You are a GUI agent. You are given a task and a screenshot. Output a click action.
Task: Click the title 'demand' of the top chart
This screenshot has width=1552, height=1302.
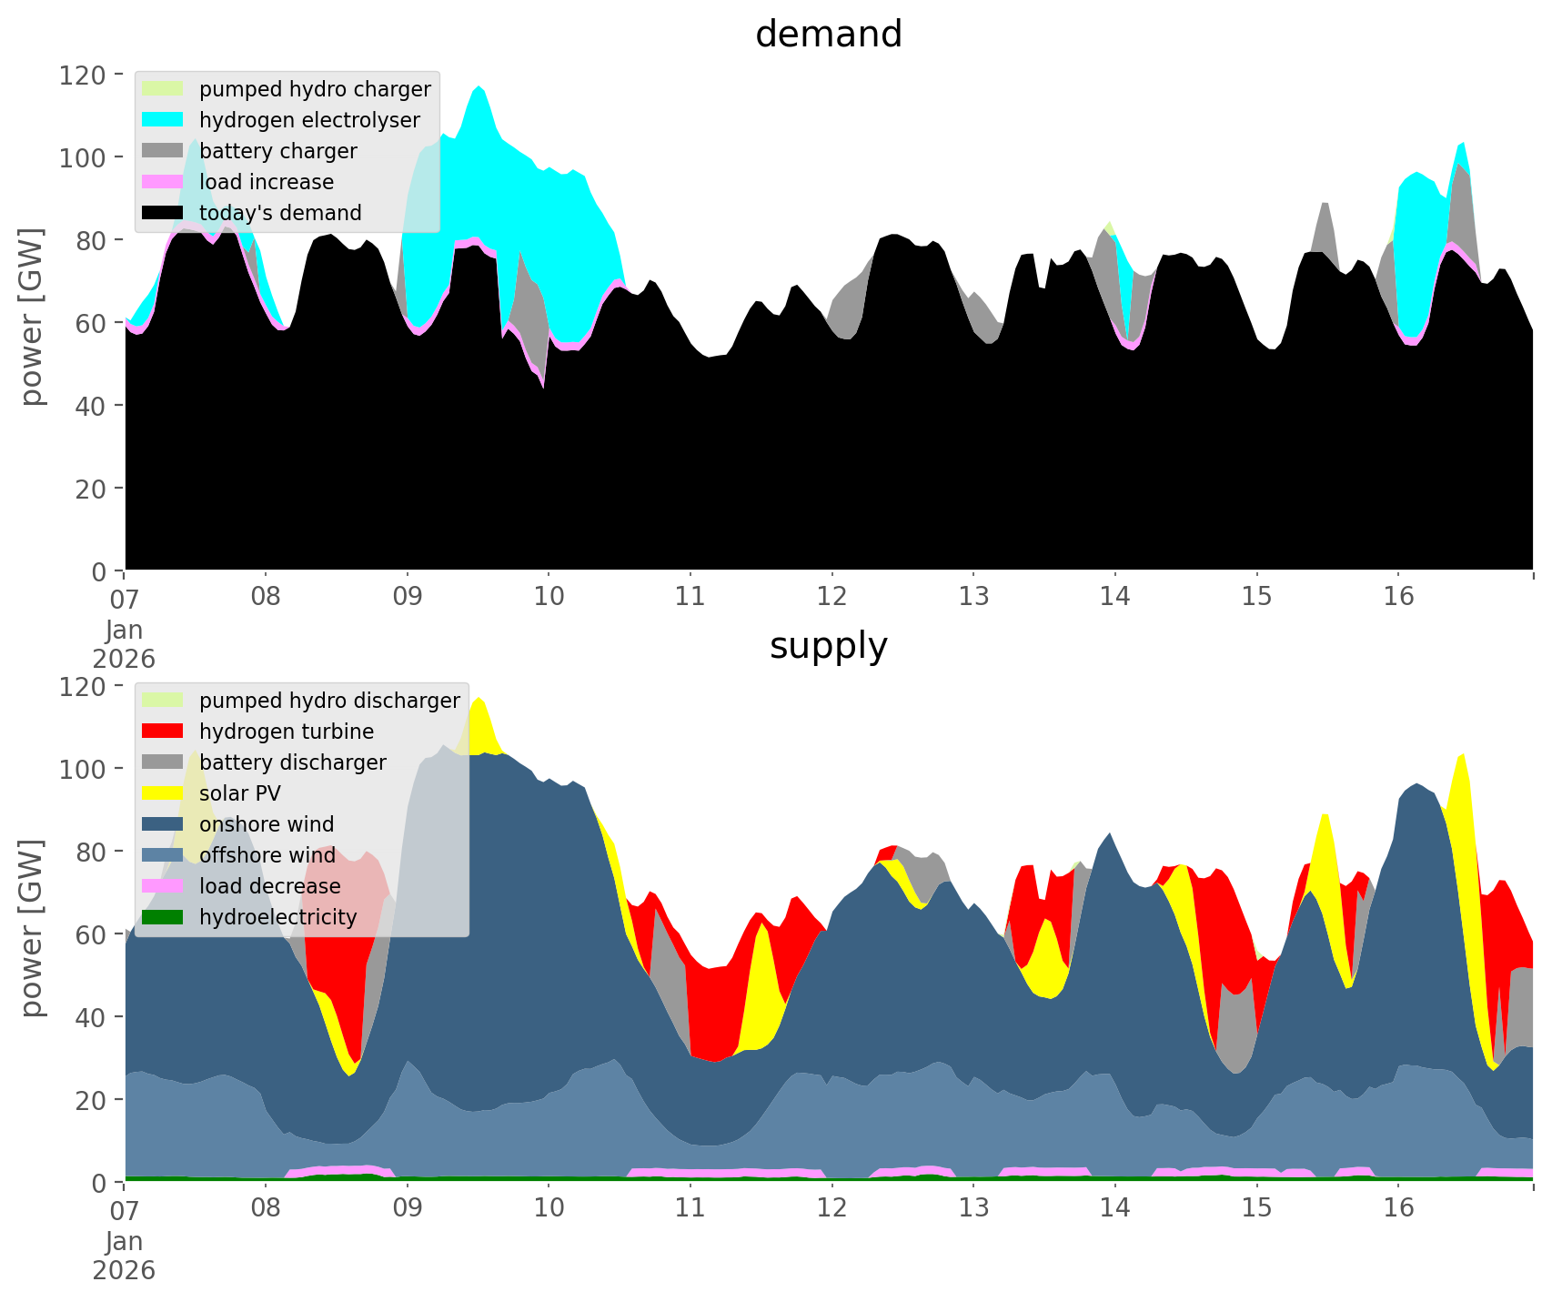[x=828, y=35]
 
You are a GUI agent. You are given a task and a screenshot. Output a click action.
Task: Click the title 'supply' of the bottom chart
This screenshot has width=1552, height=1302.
[x=828, y=646]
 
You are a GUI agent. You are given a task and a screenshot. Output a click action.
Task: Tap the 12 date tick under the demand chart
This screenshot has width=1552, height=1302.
[x=831, y=597]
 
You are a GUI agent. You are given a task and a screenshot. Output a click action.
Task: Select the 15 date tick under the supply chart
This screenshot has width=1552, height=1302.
[x=1256, y=1208]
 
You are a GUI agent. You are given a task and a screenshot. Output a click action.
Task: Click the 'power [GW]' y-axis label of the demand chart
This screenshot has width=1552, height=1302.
[x=32, y=317]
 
